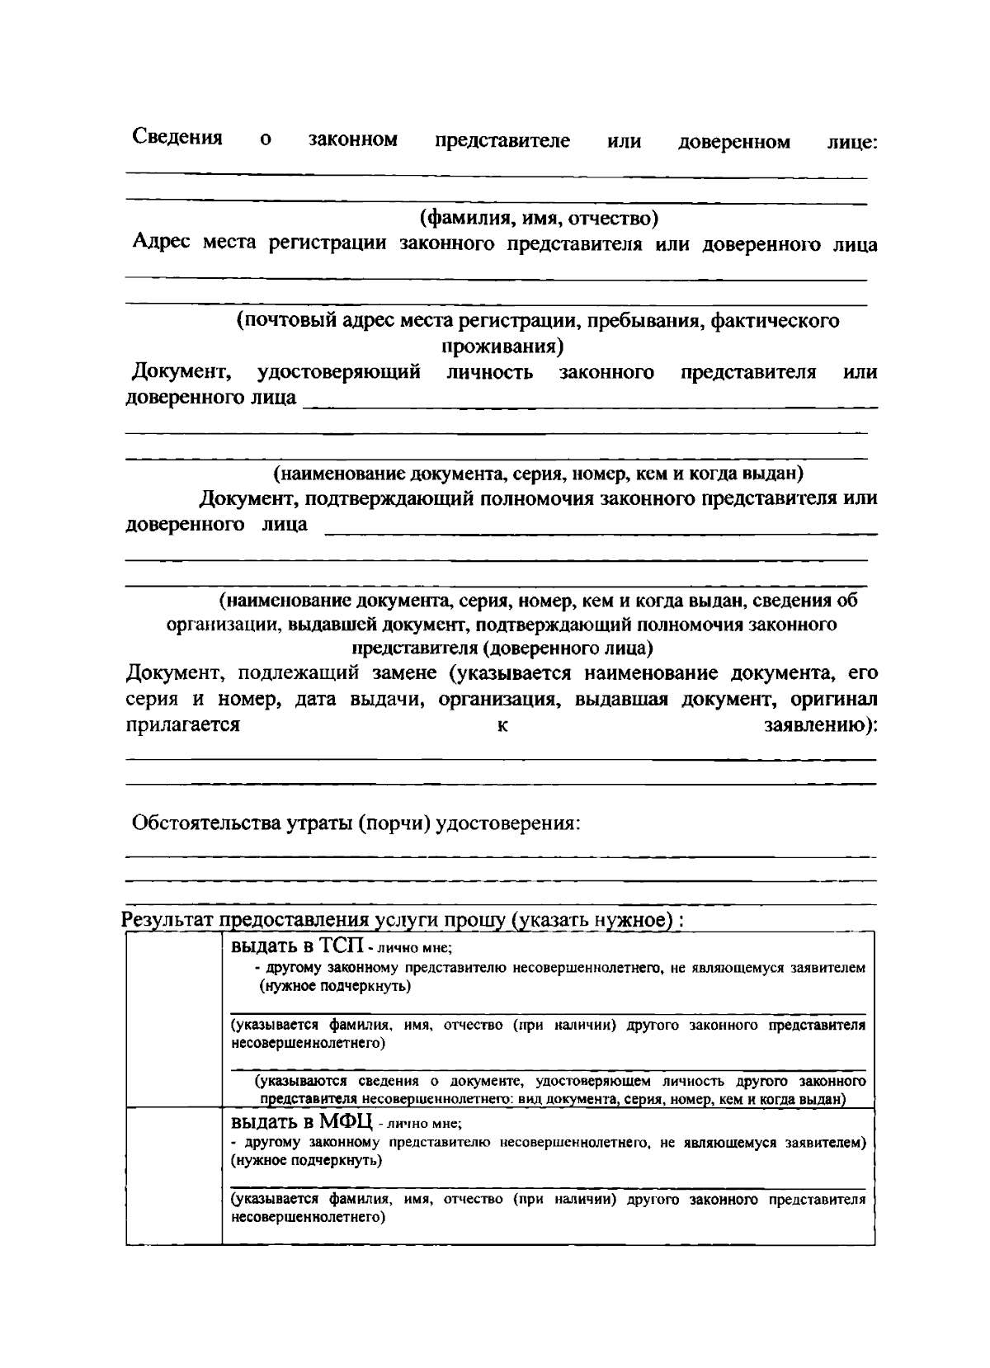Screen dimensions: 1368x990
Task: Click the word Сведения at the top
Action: point(177,137)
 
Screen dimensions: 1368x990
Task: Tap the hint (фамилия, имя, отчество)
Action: point(539,219)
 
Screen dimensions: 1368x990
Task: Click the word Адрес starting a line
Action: point(160,243)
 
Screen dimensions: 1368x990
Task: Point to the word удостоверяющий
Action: point(338,372)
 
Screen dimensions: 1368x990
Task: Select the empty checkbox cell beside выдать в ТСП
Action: point(173,1019)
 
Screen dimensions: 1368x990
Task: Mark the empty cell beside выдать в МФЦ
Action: point(173,1175)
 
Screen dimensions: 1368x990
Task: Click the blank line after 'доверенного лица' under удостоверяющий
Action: point(590,403)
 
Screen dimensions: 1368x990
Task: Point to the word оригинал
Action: point(833,700)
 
